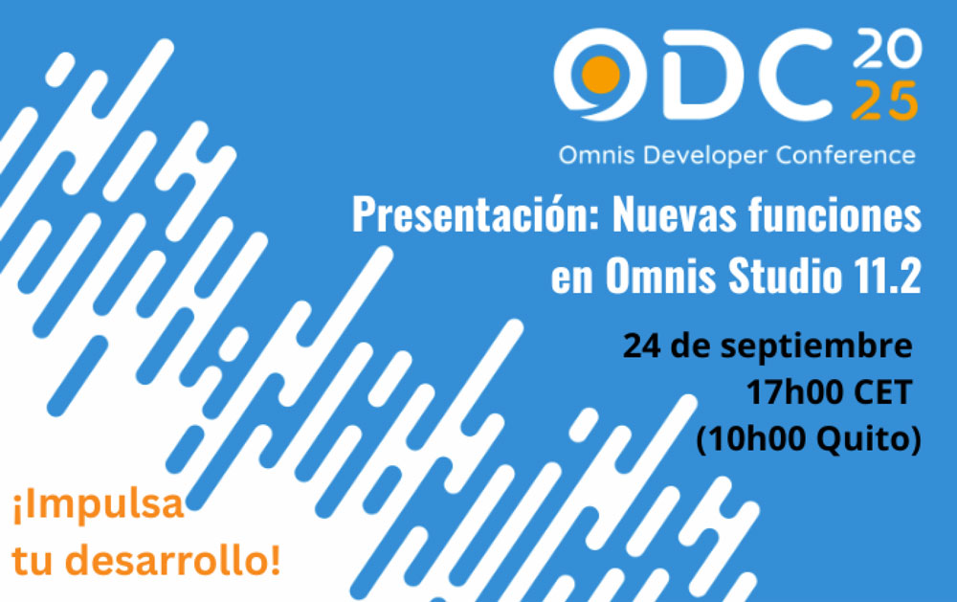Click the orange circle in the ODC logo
point(601,75)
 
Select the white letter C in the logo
point(790,74)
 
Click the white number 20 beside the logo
point(887,48)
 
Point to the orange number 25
point(884,100)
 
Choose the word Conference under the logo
point(845,155)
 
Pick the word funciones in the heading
point(835,215)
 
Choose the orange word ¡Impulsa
point(98,505)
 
